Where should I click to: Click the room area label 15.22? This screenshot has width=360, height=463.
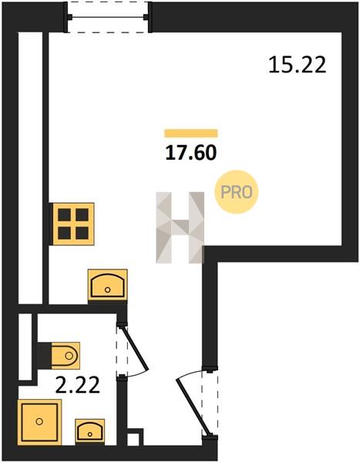pos(298,65)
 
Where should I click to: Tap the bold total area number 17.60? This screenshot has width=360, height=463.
pos(191,153)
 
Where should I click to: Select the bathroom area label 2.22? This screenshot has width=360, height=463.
pos(78,385)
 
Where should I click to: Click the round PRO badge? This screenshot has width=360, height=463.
pos(237,192)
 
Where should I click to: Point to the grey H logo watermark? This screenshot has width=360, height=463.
pos(180,228)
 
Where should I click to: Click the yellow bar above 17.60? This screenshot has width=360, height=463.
pos(191,133)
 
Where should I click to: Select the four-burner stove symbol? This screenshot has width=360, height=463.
pos(73,224)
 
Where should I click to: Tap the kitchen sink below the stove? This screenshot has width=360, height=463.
pos(108,285)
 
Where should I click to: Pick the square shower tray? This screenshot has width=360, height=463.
pos(39,421)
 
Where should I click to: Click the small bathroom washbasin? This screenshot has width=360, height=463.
pos(90,431)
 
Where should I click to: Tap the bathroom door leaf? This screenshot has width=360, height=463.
pos(135,348)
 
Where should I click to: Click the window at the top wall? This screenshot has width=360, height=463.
pos(108,17)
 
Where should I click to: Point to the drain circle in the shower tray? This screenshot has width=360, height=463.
pos(39,421)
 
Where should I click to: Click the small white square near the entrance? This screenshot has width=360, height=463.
pos(131,439)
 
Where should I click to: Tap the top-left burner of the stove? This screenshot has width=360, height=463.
pos(64,215)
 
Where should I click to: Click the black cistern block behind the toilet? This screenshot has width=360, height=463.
pos(44,356)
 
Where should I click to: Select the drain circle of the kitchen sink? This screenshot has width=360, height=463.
pos(108,290)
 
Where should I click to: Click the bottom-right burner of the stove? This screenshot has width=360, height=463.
pos(82,233)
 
